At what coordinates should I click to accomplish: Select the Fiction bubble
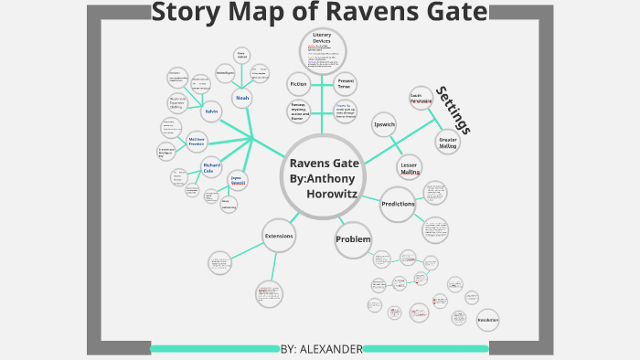coord(299,84)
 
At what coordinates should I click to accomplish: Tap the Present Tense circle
coord(346,84)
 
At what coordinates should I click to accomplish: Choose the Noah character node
coord(242,97)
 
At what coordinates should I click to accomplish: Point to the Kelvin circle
coord(211,111)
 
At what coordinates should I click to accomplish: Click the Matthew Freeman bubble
coord(197,142)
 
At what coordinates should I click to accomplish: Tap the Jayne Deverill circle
coord(237,180)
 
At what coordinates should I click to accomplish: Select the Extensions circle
coord(279,236)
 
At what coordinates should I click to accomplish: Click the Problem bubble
coord(353,240)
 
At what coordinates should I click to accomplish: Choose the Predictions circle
coord(398,204)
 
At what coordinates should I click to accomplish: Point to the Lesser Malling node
coord(409,168)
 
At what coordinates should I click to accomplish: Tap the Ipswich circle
coord(384,124)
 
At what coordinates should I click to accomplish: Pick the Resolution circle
coord(488,321)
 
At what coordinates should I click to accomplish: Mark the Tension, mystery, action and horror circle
coord(299,111)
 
